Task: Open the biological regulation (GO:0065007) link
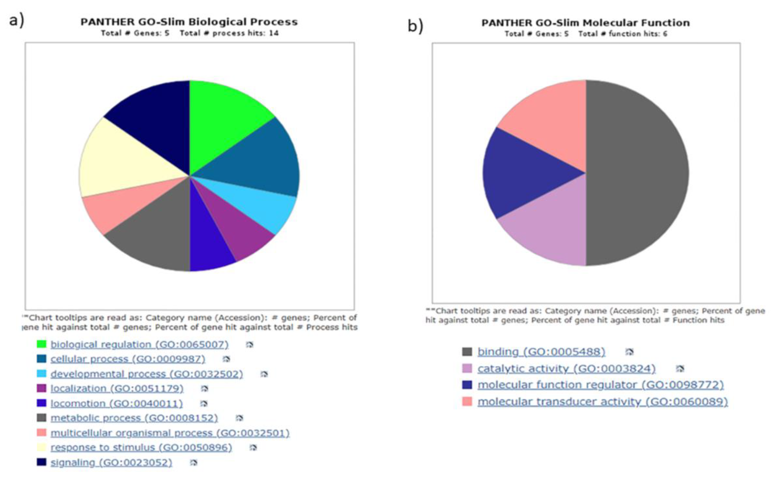[139, 344]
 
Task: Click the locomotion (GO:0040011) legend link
[117, 403]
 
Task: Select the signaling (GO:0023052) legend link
[111, 462]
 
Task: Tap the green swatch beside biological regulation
[42, 344]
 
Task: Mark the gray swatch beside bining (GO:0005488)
[467, 351]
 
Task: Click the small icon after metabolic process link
[239, 418]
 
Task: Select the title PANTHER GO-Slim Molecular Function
[586, 23]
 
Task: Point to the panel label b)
[415, 26]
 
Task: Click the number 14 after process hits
[274, 33]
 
